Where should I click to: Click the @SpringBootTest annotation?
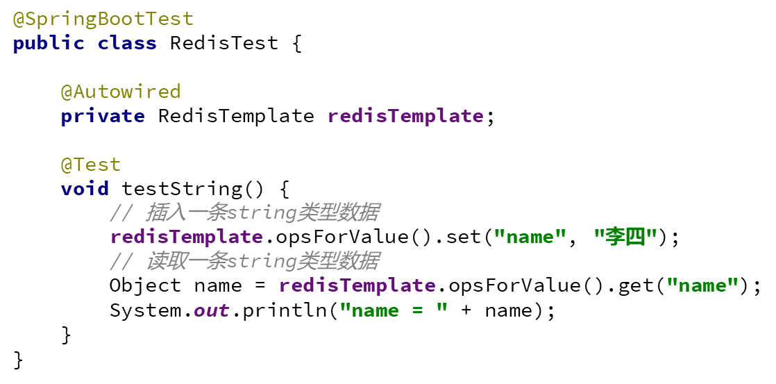coord(103,19)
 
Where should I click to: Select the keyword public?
coord(48,43)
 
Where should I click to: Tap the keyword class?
coord(127,43)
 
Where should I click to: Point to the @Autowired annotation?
coord(120,92)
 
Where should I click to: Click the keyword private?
coord(102,116)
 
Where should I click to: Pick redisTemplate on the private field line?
coord(405,116)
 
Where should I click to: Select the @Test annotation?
coord(90,165)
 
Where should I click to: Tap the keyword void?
coord(85,189)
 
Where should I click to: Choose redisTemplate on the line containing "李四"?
coord(186,237)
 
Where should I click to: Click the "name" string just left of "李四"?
coord(530,237)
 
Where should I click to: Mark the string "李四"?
coord(625,237)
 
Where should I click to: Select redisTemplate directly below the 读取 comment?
coord(357,285)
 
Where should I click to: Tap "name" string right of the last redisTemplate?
coord(702,285)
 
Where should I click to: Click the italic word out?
coord(211,310)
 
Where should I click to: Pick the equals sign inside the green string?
coord(417,310)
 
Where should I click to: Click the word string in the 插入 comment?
coord(262,212)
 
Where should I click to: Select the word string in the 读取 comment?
coord(262,261)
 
